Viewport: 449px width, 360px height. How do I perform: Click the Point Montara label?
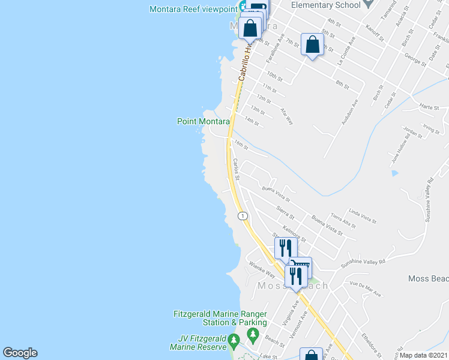[x=203, y=121]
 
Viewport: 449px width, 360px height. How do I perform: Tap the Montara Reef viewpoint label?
[x=193, y=9]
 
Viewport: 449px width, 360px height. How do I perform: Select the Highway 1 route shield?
[x=242, y=215]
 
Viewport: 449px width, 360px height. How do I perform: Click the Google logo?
[x=20, y=353]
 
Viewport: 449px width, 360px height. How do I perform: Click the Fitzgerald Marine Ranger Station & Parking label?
[x=220, y=318]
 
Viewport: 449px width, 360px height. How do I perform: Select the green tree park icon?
[x=253, y=334]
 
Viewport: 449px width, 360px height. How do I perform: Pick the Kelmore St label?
[x=294, y=234]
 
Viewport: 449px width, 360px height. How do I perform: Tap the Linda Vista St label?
[x=362, y=217]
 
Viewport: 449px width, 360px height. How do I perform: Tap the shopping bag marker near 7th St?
[x=312, y=44]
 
